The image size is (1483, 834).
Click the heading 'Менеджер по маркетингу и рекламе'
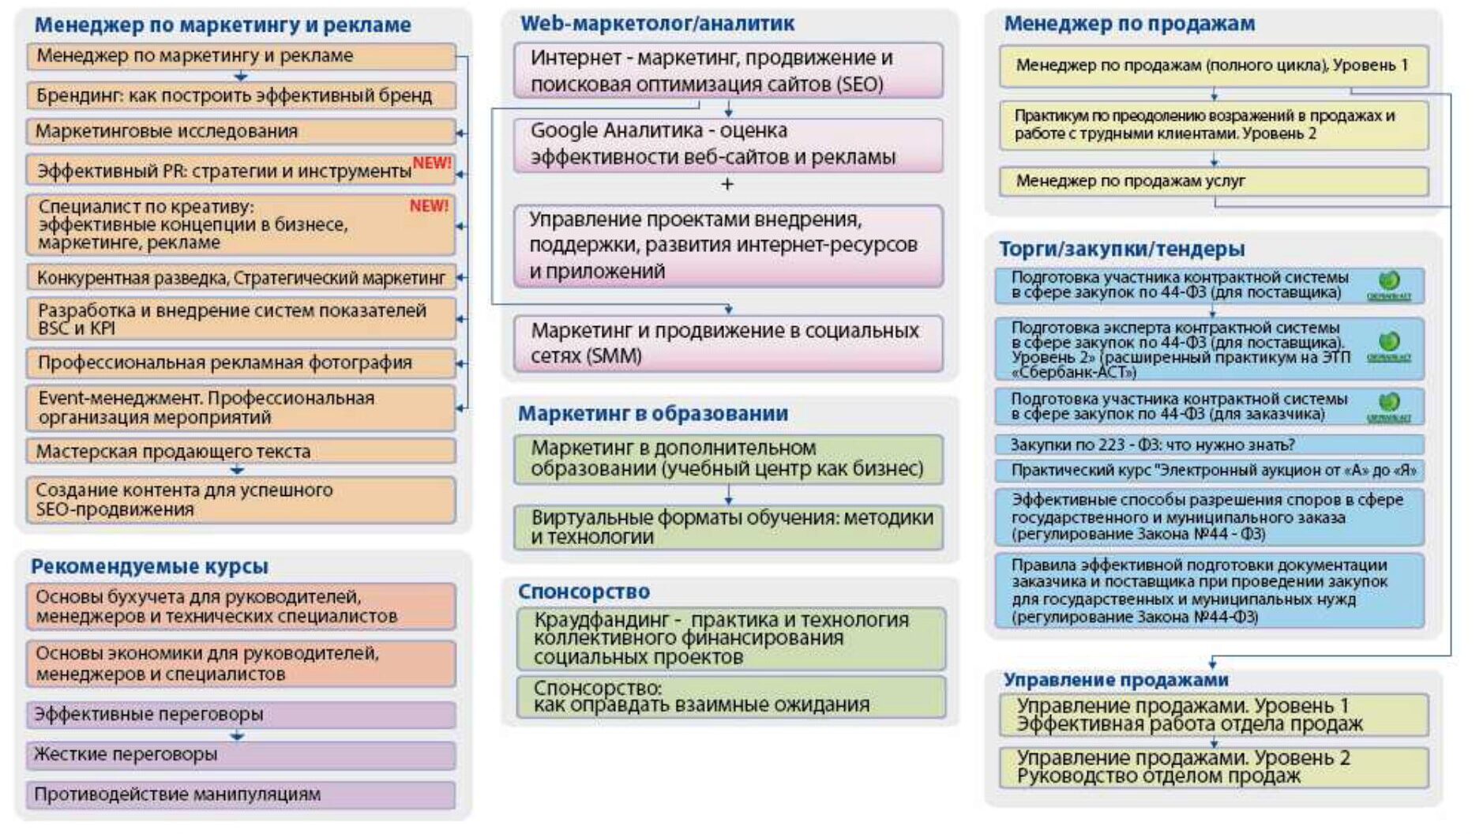pyautogui.click(x=222, y=25)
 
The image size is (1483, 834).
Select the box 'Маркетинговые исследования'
pyautogui.click(x=241, y=131)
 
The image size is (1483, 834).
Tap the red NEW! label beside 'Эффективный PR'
pyautogui.click(x=431, y=163)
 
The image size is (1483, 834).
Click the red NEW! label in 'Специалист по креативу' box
pyautogui.click(x=428, y=206)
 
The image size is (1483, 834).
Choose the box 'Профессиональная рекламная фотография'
pyautogui.click(x=241, y=363)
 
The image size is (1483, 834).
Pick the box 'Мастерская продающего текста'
pyautogui.click(x=241, y=451)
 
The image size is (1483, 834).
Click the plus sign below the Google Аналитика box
pyautogui.click(x=727, y=184)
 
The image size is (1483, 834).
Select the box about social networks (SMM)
pyautogui.click(x=727, y=343)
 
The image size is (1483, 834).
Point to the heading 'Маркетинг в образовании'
pyautogui.click(x=652, y=413)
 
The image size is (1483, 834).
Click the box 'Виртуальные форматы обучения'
pyautogui.click(x=727, y=527)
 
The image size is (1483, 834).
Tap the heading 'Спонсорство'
pyautogui.click(x=584, y=592)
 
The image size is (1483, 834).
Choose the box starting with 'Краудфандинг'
pyautogui.click(x=730, y=638)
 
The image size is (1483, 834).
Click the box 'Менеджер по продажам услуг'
pyautogui.click(x=1213, y=181)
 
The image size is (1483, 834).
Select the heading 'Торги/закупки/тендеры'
pyautogui.click(x=1121, y=249)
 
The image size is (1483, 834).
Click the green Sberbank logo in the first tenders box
pyautogui.click(x=1389, y=280)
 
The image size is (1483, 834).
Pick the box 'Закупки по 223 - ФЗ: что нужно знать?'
pyautogui.click(x=1208, y=445)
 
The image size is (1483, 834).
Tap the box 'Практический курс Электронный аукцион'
pyautogui.click(x=1208, y=471)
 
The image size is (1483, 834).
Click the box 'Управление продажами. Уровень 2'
pyautogui.click(x=1213, y=767)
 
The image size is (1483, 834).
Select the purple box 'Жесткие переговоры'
pyautogui.click(x=241, y=754)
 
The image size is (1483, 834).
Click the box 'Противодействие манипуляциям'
pyautogui.click(x=241, y=795)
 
